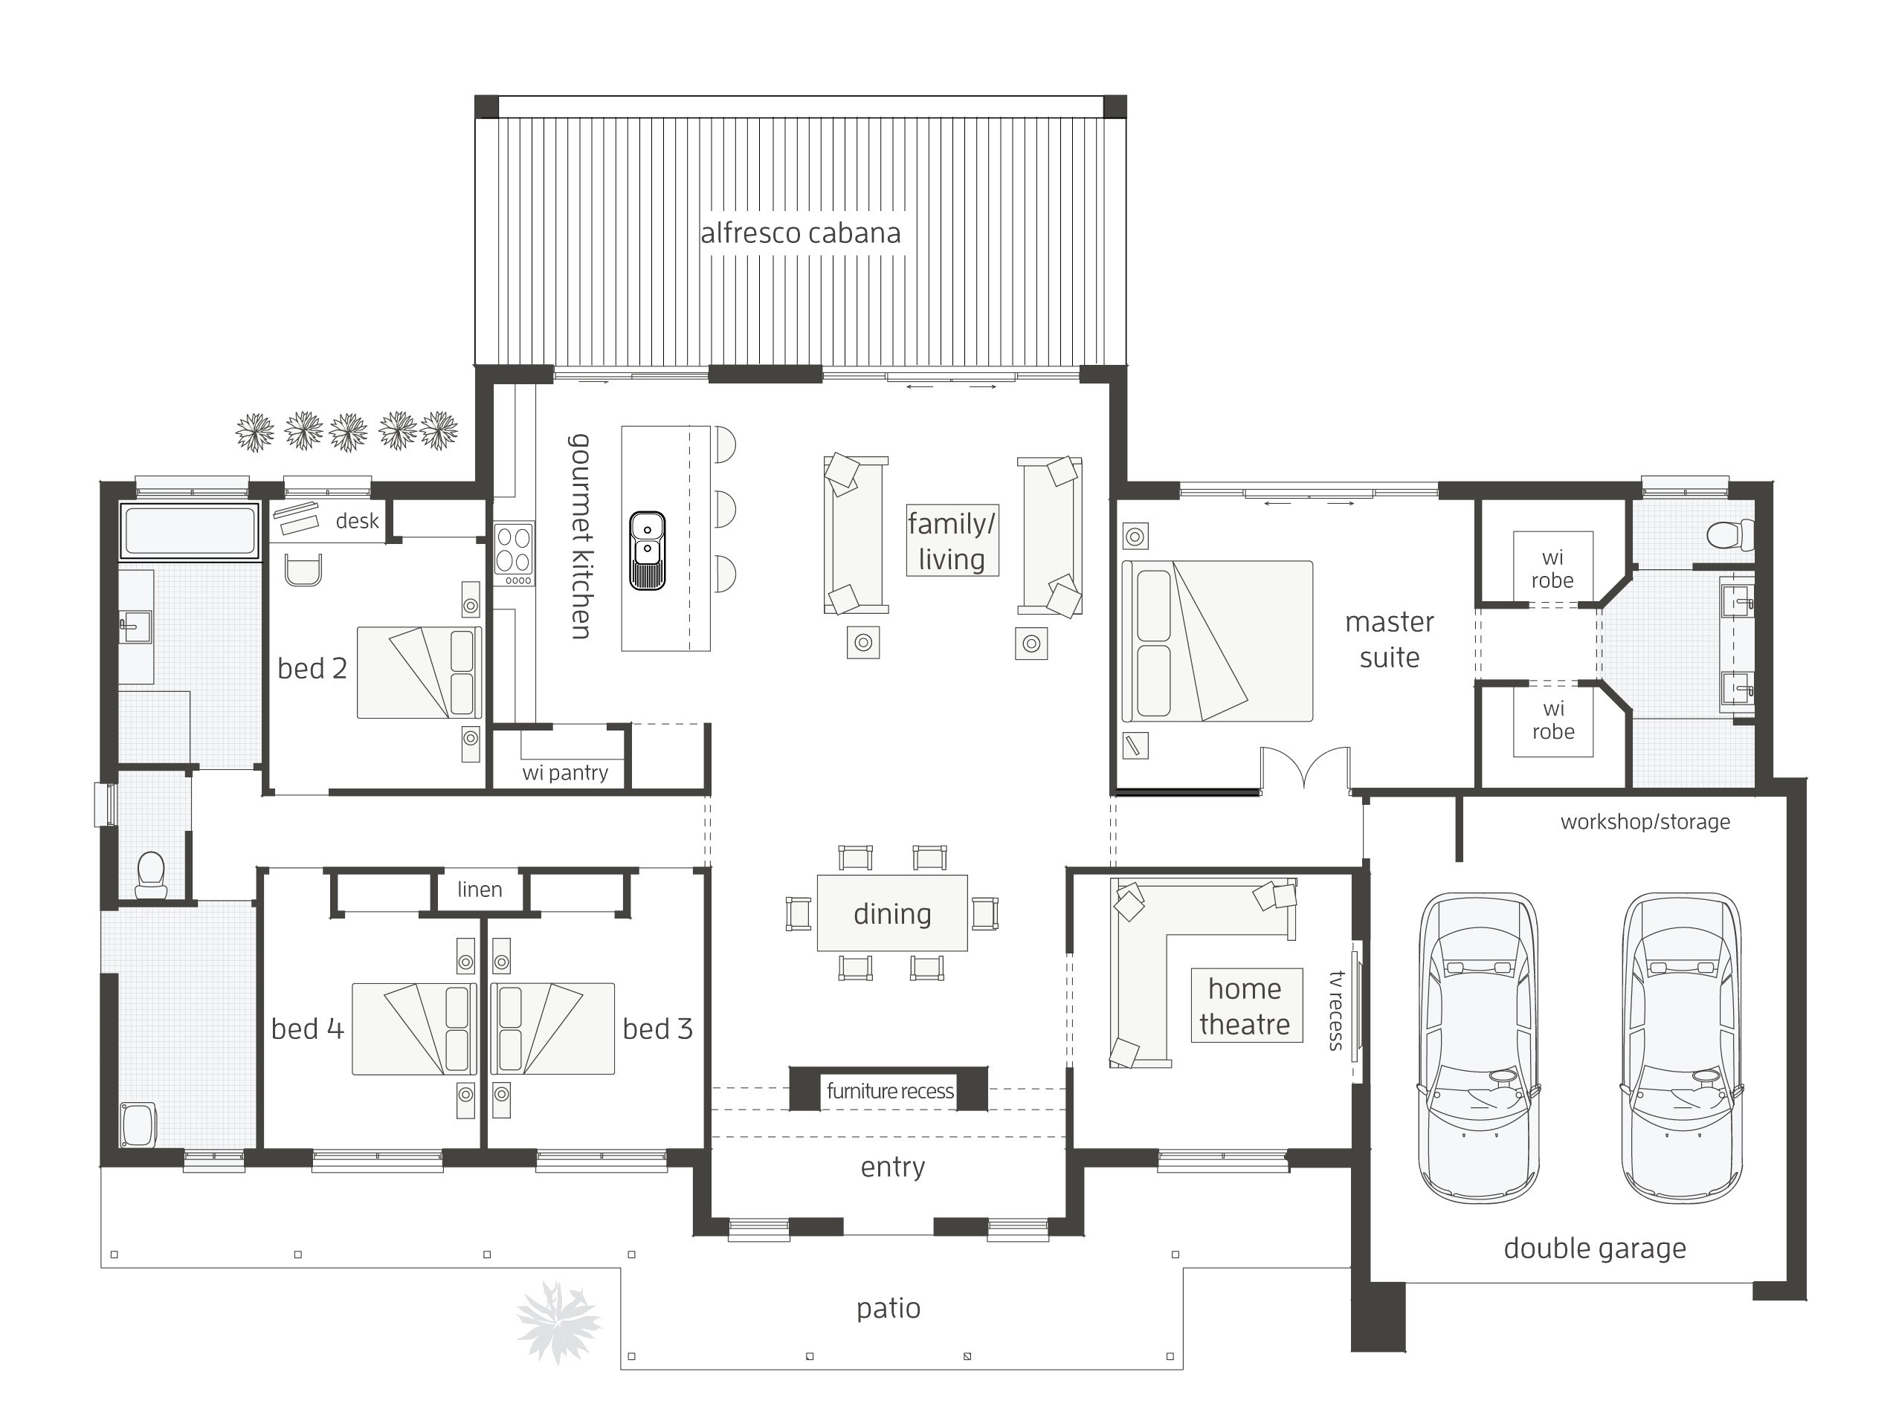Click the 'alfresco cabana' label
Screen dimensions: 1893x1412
coord(800,233)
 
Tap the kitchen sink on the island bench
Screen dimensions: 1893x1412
coord(648,551)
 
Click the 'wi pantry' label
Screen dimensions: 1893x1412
coord(565,773)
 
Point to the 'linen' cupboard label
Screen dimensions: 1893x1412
coord(480,889)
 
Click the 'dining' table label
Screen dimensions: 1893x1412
coord(891,913)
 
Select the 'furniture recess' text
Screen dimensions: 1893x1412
coord(890,1091)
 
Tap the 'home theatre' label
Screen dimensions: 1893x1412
coord(1245,1006)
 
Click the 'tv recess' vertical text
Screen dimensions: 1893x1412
coord(1336,1010)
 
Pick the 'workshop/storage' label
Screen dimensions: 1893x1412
coord(1645,821)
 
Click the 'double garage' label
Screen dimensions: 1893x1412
coord(1595,1248)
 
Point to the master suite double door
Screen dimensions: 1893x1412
coord(1305,767)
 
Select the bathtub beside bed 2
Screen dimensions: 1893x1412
coord(189,531)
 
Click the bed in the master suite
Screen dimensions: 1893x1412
coord(1216,641)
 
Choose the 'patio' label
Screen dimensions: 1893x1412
coord(889,1309)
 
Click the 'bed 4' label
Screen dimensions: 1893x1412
coord(308,1029)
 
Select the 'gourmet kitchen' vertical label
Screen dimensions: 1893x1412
coord(581,536)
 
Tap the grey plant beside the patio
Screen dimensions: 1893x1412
coord(558,1321)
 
